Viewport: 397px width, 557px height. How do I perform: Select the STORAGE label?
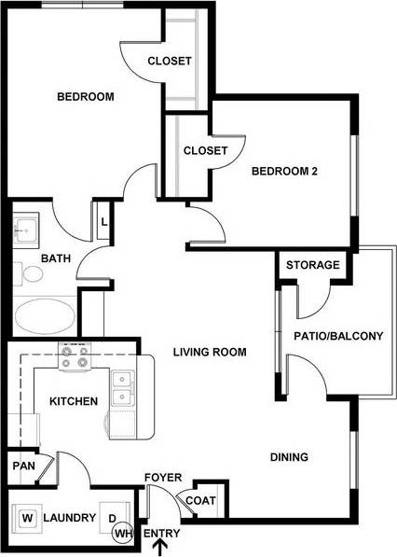coord(312,265)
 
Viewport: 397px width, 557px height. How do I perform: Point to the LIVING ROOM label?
coord(210,352)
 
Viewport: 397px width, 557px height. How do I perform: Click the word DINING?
coord(289,457)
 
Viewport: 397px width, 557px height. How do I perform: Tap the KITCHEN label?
coord(74,401)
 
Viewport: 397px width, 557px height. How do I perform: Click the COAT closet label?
coord(200,501)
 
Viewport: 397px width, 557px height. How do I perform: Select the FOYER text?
coord(163,478)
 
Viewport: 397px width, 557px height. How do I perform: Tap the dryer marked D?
coord(112,518)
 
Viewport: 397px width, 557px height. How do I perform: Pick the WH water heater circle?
coord(122,533)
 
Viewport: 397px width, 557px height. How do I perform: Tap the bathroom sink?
coord(25,228)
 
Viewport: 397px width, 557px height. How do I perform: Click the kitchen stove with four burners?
coord(75,355)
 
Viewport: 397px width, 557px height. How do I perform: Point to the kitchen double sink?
coord(121,389)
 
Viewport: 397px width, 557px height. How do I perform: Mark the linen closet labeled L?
coord(104,223)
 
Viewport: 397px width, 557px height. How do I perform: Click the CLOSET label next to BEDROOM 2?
coord(205,150)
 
